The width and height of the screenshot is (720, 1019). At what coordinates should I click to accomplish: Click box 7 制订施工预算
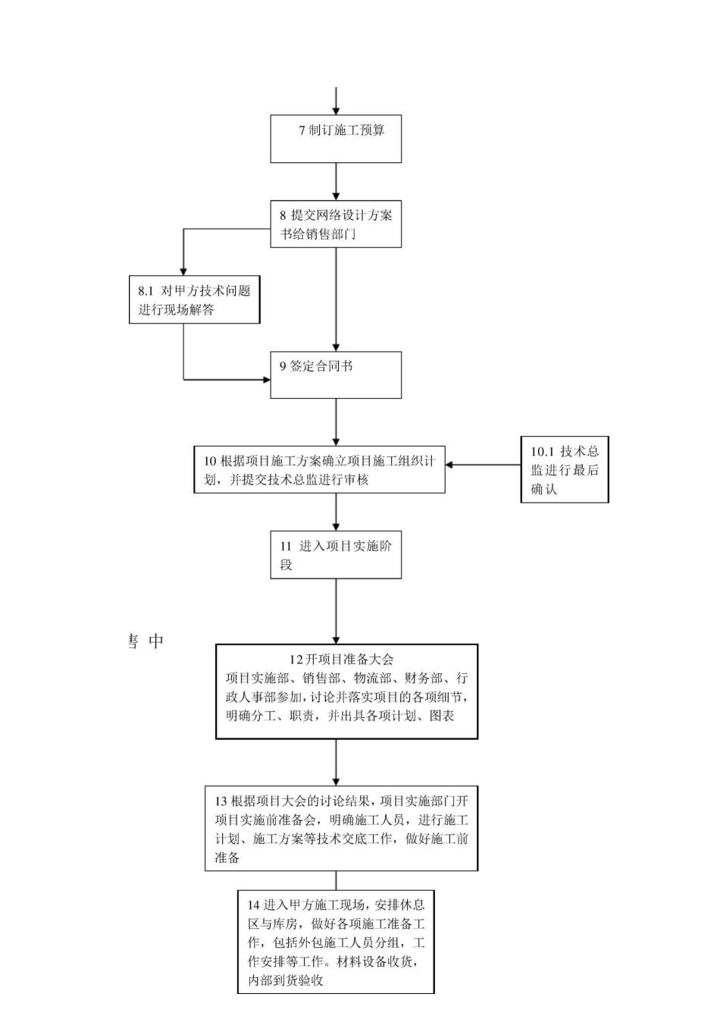click(x=336, y=139)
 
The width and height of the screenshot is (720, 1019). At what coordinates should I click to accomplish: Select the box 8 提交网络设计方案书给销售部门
click(x=336, y=224)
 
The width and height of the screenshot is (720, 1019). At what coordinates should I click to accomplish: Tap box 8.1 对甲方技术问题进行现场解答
click(x=194, y=299)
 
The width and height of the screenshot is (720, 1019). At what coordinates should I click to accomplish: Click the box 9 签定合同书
click(x=336, y=375)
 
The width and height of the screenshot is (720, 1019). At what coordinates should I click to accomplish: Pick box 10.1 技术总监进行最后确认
click(x=565, y=469)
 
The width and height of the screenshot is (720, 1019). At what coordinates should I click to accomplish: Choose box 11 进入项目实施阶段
click(x=336, y=555)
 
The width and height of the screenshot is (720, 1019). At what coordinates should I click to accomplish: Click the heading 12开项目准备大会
click(x=341, y=660)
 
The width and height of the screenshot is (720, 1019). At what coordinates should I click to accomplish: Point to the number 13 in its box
click(x=221, y=801)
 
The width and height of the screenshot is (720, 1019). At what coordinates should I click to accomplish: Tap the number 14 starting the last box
click(x=254, y=905)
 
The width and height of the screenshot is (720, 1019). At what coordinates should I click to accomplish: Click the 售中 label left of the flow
click(x=146, y=641)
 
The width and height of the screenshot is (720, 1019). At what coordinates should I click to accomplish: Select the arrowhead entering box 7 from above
click(x=336, y=111)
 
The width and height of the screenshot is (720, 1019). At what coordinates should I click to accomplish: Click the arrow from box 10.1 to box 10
click(x=483, y=465)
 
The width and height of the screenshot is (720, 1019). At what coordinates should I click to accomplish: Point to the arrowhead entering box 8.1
click(x=183, y=271)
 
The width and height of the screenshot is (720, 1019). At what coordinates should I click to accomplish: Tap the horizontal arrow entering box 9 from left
click(x=227, y=379)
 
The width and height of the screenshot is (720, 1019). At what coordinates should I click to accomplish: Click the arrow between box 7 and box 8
click(x=336, y=182)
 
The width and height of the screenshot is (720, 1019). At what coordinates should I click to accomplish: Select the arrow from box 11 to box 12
click(x=336, y=611)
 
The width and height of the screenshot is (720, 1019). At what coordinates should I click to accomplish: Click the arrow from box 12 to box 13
click(x=336, y=762)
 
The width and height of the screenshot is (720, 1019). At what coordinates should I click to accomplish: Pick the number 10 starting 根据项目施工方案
click(x=210, y=461)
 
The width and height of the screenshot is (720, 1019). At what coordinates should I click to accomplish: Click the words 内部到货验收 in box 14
click(x=286, y=981)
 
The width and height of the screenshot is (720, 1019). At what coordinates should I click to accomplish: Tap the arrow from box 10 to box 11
click(x=336, y=512)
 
